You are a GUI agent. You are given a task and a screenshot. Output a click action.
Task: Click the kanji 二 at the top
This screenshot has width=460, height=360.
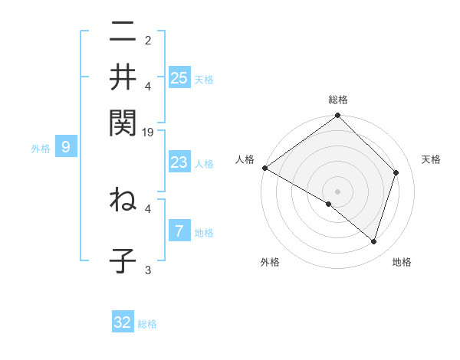coord(123,32)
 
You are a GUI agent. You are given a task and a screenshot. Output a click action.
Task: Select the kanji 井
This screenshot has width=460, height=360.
coord(123,77)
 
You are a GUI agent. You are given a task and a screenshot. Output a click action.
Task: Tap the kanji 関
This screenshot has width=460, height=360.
coord(123,122)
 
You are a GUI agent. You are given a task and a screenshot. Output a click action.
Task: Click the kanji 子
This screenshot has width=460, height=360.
coord(123,260)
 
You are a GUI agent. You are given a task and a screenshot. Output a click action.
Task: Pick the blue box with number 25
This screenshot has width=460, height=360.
coord(179,78)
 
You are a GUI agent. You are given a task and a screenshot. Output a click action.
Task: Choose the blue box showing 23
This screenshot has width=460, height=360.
coord(179,162)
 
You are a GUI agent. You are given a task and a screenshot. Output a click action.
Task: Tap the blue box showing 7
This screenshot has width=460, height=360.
coord(179,231)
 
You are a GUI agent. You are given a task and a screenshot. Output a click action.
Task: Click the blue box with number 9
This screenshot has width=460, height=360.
coord(66,147)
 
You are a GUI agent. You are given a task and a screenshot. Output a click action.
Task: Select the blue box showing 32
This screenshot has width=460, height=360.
coord(123,322)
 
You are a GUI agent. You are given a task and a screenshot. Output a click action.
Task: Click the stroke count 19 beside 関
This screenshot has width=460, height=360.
coord(149,133)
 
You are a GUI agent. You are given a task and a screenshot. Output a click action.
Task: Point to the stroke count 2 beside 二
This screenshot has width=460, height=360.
coord(148,40)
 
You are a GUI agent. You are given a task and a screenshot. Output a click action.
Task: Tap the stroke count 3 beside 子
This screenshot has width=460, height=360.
coord(148,269)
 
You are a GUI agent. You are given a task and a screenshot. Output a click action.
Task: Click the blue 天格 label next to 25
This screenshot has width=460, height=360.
coord(205,80)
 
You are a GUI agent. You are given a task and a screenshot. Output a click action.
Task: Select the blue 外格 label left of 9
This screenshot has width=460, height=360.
coord(41,149)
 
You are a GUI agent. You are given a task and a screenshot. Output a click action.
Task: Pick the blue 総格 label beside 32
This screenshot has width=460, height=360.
coord(148,324)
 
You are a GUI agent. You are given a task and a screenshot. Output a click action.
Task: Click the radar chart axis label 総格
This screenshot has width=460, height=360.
coord(337,100)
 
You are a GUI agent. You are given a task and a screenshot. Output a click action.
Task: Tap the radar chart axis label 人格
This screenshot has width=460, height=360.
coord(245,159)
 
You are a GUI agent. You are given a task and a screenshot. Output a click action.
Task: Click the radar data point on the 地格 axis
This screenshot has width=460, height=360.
coord(374,241)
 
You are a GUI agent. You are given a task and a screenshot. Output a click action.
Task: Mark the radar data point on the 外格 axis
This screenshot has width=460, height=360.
coord(329,204)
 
